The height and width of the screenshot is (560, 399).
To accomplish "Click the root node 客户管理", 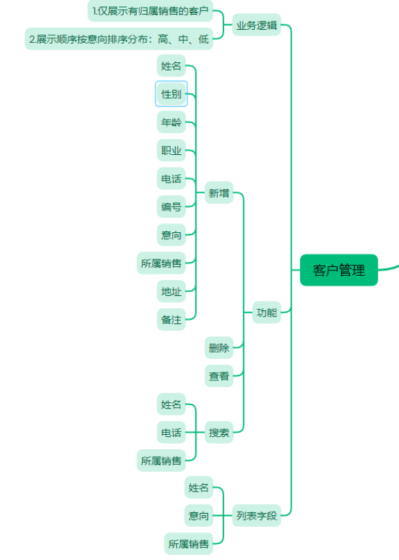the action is (x=339, y=270).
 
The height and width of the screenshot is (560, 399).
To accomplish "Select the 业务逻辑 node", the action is (x=257, y=25).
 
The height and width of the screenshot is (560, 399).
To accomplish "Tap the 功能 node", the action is (x=266, y=312).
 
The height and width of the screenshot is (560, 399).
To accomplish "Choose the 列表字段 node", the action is (x=257, y=515).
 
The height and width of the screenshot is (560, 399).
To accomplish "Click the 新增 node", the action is (x=219, y=193).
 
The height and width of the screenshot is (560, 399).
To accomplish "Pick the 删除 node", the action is (x=219, y=348).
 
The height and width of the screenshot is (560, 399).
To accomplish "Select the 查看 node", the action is (x=219, y=375).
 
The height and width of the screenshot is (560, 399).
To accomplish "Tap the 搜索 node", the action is (x=219, y=433).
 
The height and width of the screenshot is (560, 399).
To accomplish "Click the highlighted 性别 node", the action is (x=171, y=94).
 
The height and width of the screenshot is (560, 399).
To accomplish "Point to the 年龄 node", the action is (x=171, y=122).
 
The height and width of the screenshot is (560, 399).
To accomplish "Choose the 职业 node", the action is (x=171, y=150).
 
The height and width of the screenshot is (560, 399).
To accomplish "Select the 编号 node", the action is (x=171, y=207).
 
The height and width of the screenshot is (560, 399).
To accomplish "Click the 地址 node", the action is (x=171, y=292).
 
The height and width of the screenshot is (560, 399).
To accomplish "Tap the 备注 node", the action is (x=171, y=319).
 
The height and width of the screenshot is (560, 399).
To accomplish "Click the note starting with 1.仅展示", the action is (x=150, y=10).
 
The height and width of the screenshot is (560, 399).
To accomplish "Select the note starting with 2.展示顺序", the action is (x=119, y=39).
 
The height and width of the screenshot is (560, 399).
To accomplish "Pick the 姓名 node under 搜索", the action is (x=171, y=404).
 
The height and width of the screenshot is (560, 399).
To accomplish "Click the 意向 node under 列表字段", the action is (x=198, y=515).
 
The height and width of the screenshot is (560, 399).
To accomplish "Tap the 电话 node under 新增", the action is (x=171, y=178).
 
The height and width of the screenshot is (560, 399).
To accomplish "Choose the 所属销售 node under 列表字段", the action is (x=189, y=543).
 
